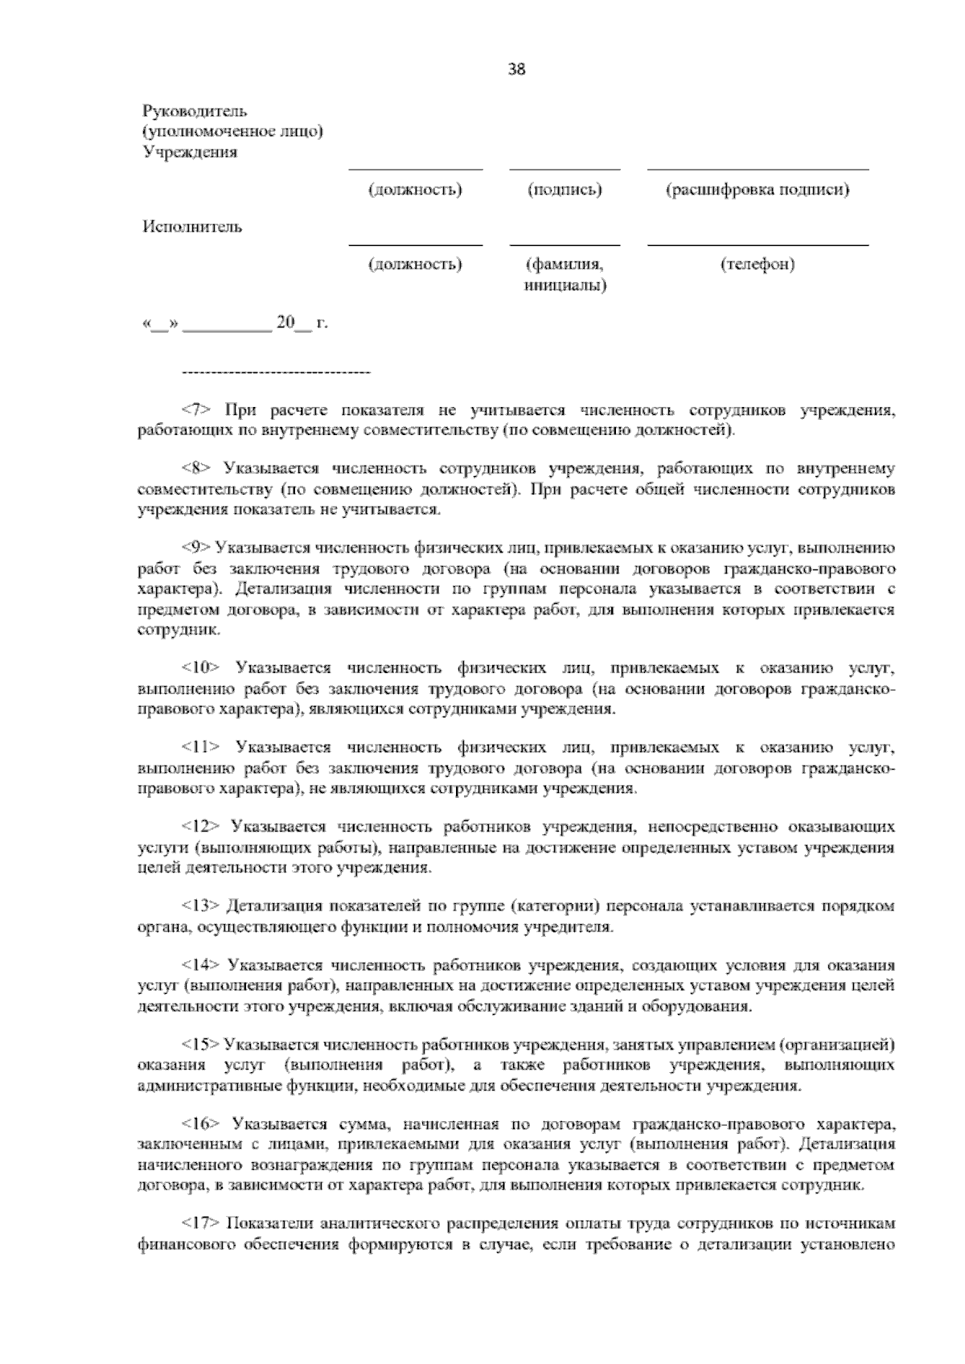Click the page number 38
(516, 69)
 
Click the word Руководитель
(195, 110)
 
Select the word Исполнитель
(192, 226)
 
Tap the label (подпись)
(565, 190)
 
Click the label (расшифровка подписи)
(758, 190)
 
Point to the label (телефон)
(758, 264)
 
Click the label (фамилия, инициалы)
(565, 274)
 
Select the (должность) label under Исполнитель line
(415, 264)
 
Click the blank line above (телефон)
(758, 244)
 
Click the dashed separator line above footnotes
(277, 373)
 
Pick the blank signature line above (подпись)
(565, 169)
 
